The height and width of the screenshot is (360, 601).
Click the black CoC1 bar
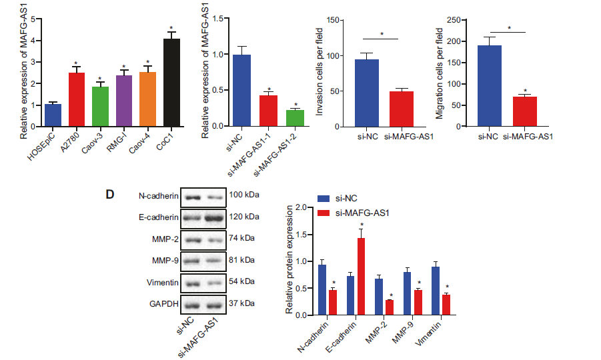171,82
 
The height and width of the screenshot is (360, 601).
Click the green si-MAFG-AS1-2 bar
295,117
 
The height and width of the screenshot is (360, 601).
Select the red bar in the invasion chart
401,108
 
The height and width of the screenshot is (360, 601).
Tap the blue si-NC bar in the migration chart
489,85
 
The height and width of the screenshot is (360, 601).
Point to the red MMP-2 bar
389,307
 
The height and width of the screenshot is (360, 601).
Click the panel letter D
111,194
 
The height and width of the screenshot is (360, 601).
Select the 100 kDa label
243,195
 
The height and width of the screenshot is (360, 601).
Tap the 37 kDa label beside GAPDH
241,303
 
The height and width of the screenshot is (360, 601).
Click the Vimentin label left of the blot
161,283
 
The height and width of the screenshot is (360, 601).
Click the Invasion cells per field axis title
321,71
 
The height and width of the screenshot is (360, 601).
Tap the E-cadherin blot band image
203,217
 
